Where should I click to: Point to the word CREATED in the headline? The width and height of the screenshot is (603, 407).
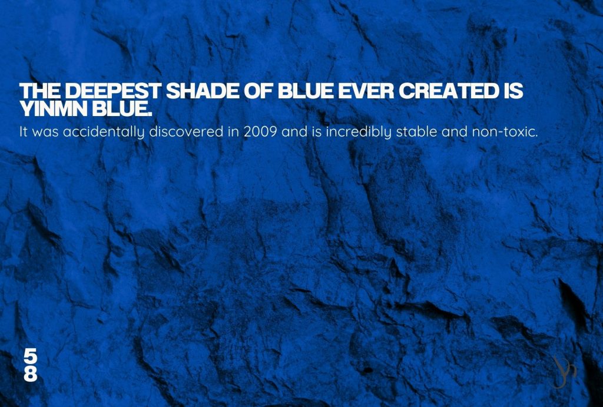[448, 91]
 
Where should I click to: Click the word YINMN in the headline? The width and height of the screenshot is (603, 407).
[54, 109]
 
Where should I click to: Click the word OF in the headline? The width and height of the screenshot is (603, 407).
[259, 91]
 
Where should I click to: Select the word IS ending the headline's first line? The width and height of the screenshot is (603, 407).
[512, 91]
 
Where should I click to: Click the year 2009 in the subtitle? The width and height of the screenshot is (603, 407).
[260, 132]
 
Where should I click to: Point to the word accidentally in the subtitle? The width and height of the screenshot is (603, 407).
[104, 133]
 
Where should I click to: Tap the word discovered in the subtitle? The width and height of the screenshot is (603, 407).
[186, 131]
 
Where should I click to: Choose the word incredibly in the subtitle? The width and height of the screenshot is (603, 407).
[359, 133]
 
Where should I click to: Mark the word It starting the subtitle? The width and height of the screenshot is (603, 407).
[24, 132]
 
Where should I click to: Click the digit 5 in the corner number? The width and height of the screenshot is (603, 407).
[31, 356]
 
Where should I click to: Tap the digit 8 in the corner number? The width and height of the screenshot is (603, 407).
[31, 374]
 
